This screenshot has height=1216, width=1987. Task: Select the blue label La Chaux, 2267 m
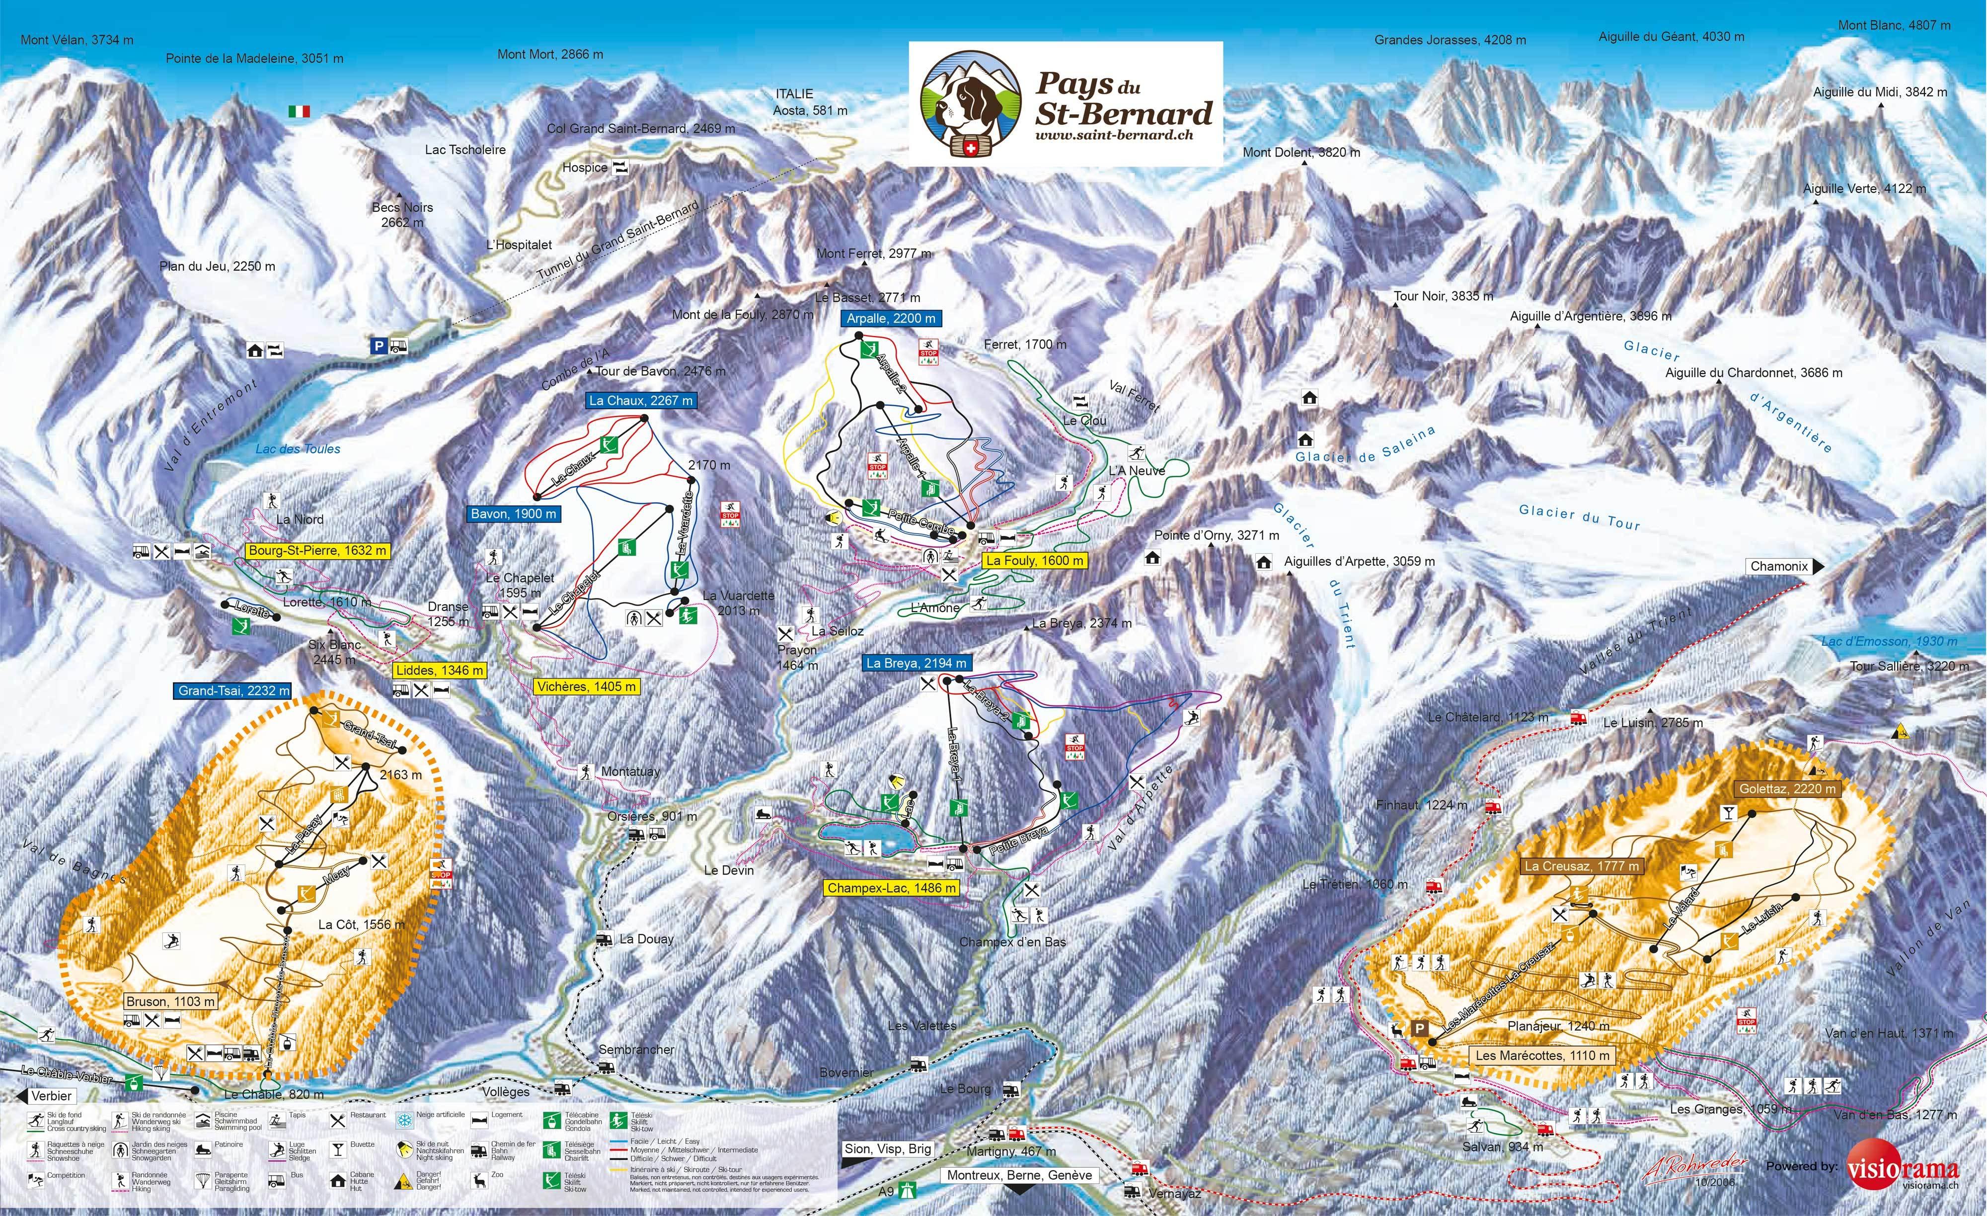tap(640, 400)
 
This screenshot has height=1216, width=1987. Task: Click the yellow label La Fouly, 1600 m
tap(1035, 560)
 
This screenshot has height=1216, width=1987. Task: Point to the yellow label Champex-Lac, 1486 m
tap(892, 887)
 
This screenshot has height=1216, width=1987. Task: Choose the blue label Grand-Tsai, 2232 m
tap(233, 691)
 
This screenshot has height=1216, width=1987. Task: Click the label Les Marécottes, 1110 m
tap(1543, 1054)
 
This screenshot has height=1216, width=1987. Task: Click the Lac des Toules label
tap(298, 448)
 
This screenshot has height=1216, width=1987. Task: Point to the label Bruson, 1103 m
tap(170, 1001)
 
